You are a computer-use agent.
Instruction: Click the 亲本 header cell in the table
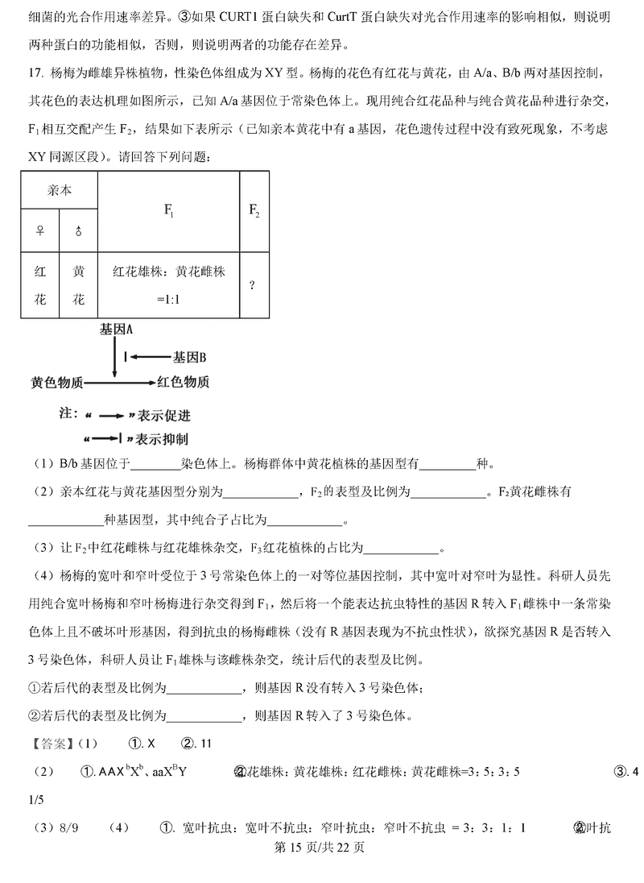(60, 191)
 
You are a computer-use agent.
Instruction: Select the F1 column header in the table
(169, 211)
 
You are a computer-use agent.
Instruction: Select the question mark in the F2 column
(253, 285)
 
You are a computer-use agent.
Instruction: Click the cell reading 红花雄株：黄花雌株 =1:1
(169, 285)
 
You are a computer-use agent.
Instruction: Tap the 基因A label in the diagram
(117, 330)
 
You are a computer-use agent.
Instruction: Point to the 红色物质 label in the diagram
(184, 382)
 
